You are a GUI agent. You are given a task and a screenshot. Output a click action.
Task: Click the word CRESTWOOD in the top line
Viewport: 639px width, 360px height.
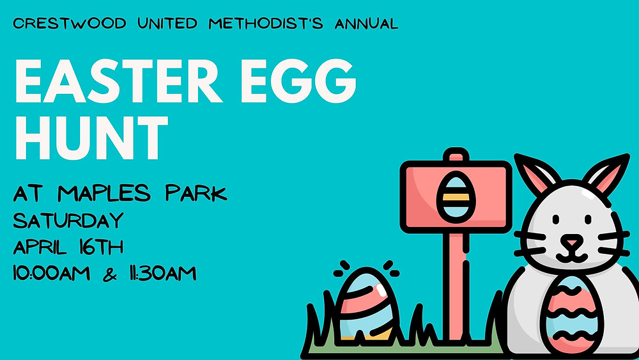(x=69, y=23)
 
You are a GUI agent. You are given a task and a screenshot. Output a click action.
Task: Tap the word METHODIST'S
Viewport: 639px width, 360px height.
(x=266, y=23)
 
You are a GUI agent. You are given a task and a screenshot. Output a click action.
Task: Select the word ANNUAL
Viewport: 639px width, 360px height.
(x=366, y=23)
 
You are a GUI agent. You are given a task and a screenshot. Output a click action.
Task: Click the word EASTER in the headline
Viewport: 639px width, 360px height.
(x=118, y=81)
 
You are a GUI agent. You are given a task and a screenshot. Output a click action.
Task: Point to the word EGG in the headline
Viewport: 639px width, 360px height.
(x=298, y=81)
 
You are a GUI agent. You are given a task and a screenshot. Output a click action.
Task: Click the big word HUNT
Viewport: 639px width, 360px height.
(x=91, y=137)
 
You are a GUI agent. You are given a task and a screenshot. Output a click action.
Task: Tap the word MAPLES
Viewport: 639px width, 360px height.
(x=104, y=193)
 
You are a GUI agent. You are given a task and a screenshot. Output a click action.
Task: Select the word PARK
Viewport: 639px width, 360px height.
(x=196, y=193)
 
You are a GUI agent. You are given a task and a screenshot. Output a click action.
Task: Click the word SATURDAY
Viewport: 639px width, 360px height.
(x=68, y=221)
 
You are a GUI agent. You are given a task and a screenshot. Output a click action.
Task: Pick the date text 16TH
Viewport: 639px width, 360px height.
(x=101, y=247)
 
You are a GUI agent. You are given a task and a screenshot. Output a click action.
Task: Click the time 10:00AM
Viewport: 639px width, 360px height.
(x=51, y=273)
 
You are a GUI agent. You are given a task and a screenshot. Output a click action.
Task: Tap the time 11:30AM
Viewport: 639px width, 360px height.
(x=162, y=273)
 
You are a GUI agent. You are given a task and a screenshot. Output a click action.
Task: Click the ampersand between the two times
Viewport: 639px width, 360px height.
(x=110, y=274)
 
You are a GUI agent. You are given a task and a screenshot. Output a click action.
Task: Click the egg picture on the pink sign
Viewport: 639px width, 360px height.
(x=456, y=197)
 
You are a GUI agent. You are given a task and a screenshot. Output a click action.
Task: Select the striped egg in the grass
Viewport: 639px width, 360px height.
(x=365, y=304)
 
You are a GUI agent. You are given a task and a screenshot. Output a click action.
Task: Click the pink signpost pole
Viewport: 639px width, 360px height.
(x=456, y=285)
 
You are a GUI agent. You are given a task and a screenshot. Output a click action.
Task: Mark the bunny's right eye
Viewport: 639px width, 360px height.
(x=588, y=219)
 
